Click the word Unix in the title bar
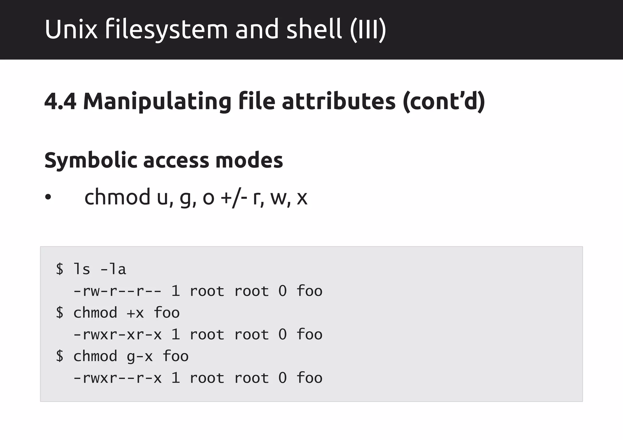click(x=71, y=29)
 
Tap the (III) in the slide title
click(x=368, y=29)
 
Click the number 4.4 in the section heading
click(x=60, y=101)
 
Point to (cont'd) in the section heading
click(x=444, y=101)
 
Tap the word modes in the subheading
click(x=249, y=160)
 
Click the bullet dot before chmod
click(x=48, y=198)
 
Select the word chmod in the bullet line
click(x=117, y=197)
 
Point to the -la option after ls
click(x=113, y=269)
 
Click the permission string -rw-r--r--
click(x=117, y=291)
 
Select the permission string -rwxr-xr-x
click(x=117, y=335)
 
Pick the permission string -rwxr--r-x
click(x=117, y=378)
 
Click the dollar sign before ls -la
click(x=60, y=269)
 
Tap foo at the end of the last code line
click(x=309, y=378)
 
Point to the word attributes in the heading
click(x=338, y=101)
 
